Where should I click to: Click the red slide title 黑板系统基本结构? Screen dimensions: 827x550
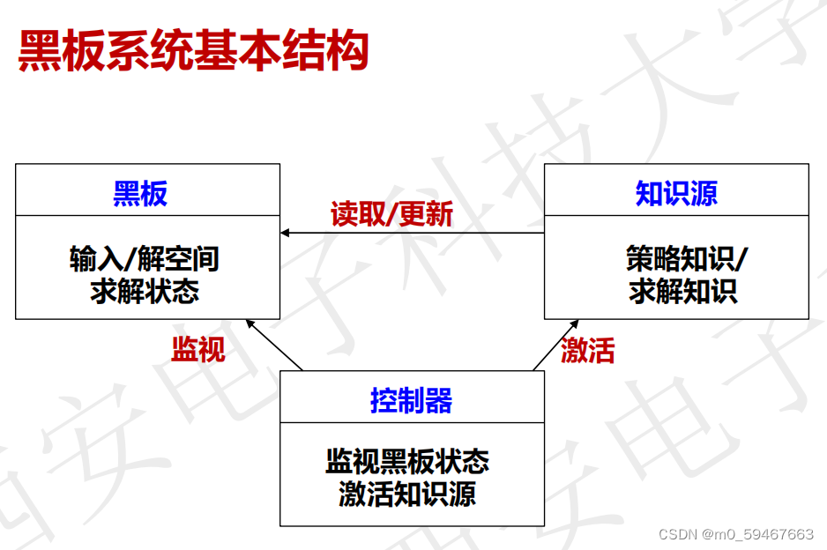pos(193,50)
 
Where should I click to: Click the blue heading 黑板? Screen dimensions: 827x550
pos(140,193)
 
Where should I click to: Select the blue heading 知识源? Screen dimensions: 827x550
pos(676,193)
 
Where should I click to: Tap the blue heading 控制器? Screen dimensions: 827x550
pos(412,399)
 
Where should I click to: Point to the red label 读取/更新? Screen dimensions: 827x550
pos(391,213)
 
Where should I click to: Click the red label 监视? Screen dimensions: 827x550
pos(198,348)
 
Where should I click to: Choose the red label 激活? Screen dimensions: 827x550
pos(587,350)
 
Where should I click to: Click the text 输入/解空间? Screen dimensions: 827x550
pos(145,259)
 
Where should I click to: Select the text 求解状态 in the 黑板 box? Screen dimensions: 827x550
pos(145,291)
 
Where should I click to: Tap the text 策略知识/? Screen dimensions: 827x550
pos(687,259)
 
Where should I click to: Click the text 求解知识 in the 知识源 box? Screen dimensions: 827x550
pos(683,291)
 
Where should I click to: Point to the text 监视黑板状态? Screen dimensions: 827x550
pos(407,461)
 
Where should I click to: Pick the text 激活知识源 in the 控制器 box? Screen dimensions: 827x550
pos(407,494)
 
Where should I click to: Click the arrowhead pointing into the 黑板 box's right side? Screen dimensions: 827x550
pos(285,233)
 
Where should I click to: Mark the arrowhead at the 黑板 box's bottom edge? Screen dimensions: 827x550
pos(250,323)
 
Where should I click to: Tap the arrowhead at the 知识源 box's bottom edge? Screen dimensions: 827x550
pos(574,323)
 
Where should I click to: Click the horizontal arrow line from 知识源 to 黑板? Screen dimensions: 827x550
pos(412,233)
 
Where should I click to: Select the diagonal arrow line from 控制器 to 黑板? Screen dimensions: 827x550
pos(274,345)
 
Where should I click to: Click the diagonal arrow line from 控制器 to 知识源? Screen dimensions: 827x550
pos(556,345)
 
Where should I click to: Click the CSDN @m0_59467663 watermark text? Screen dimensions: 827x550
pos(736,534)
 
